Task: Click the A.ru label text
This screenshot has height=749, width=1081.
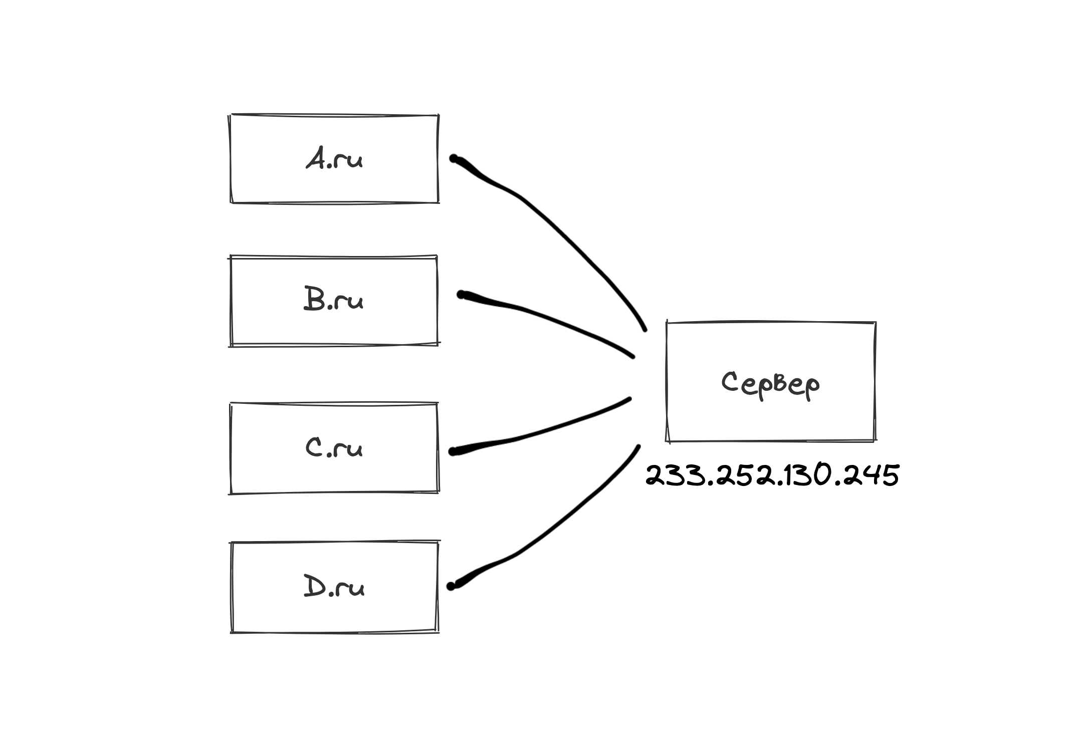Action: coord(334,159)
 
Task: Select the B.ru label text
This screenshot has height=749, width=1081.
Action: coord(333,300)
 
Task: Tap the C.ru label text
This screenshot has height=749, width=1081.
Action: coord(334,447)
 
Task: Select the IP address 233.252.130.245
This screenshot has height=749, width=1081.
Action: coord(772,475)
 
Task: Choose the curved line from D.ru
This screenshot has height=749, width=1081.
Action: coord(551,526)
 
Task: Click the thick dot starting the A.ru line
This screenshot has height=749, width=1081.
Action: coord(454,159)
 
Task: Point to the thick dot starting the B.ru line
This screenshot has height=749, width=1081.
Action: coord(461,295)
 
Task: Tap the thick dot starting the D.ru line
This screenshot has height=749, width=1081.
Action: coord(451,586)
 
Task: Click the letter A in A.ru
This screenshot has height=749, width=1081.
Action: coord(316,159)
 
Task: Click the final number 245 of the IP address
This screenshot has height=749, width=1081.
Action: coord(872,475)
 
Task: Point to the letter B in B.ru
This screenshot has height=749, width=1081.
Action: coord(314,299)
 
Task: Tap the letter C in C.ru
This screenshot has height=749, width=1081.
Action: coord(314,447)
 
